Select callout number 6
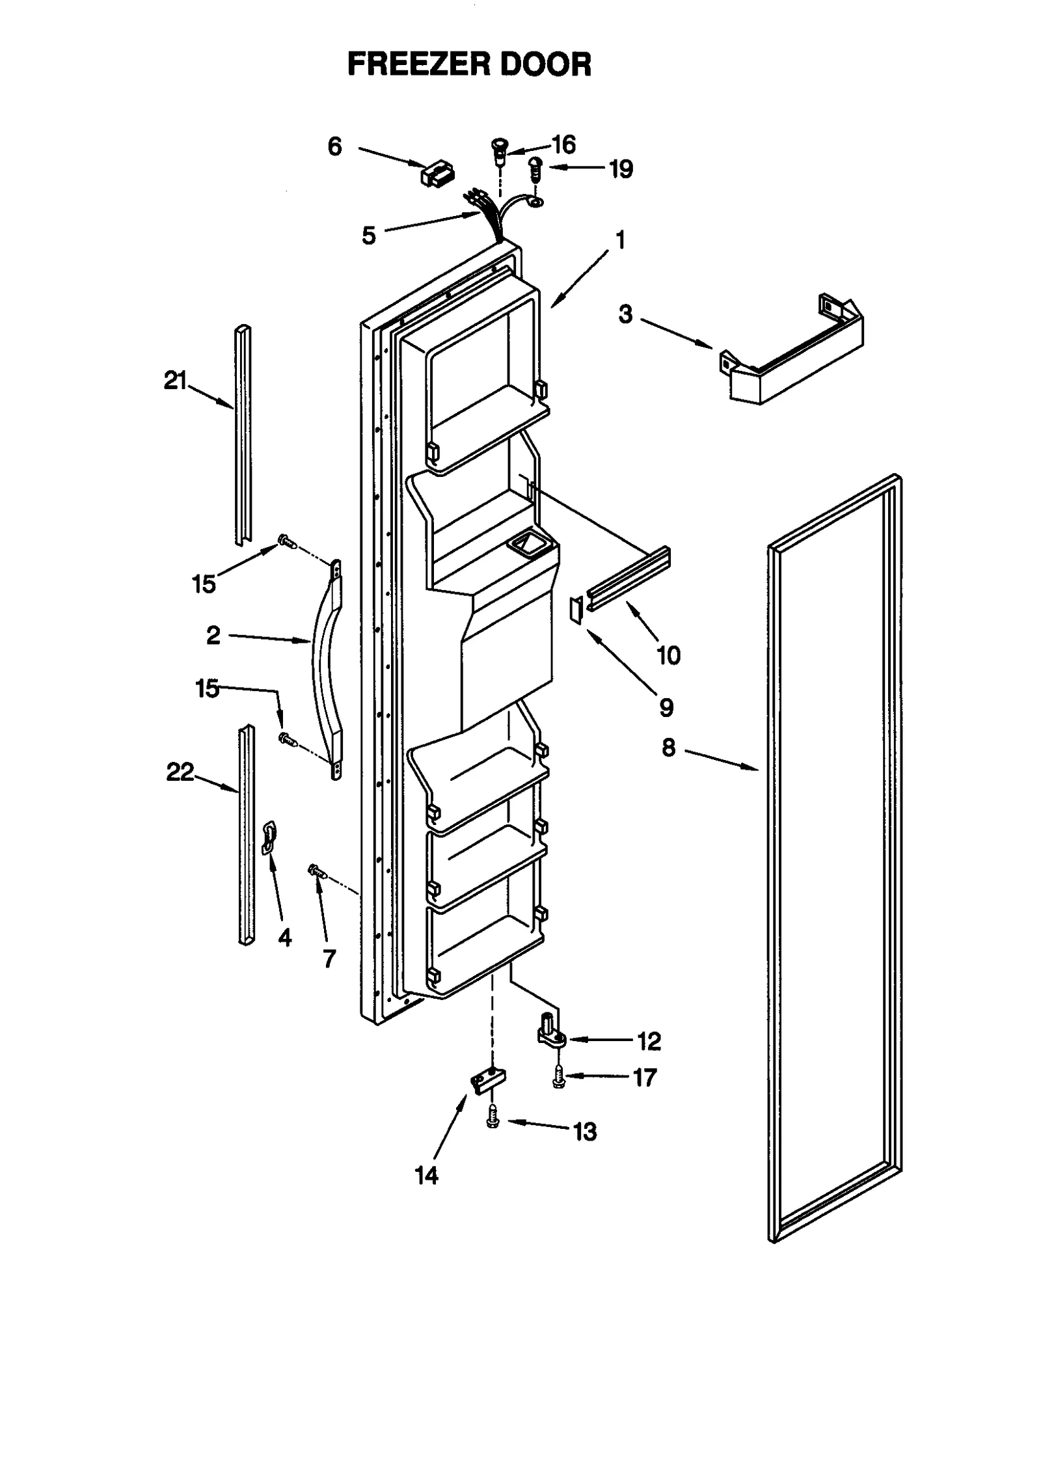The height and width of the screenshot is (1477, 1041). point(334,147)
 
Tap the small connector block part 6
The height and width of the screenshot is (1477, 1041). point(438,174)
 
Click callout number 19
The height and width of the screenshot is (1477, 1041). point(621,169)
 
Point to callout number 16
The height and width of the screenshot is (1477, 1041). point(563,144)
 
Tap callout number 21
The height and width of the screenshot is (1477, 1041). point(175,381)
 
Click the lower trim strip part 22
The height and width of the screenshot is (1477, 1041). point(247,836)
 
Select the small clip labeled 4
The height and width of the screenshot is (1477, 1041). point(269,837)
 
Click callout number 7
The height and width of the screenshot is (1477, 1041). point(329,958)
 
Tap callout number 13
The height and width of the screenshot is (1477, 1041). point(584,1132)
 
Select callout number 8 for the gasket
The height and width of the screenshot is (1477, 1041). point(669,748)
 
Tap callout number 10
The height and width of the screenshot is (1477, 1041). point(668,655)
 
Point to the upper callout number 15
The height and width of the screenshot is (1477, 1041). point(204,584)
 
